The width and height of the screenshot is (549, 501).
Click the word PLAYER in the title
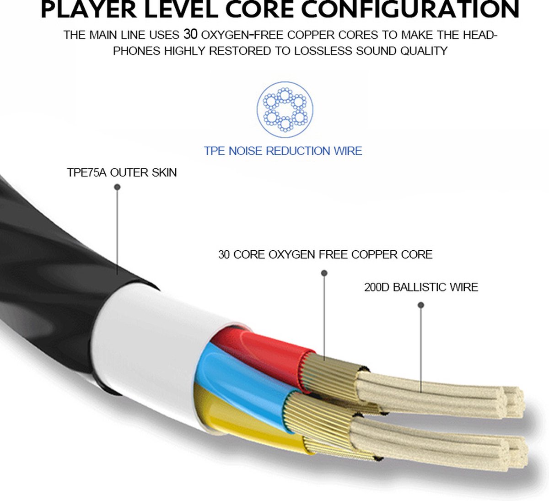point(88,10)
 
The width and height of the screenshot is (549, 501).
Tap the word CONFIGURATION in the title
point(410,10)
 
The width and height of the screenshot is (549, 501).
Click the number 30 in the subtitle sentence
point(190,34)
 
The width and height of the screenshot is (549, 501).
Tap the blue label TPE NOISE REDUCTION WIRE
point(283,151)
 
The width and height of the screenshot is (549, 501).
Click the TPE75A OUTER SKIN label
point(122,172)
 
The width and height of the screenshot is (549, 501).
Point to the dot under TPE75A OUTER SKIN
point(118,187)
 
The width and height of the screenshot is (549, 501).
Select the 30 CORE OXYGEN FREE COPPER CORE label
point(325,254)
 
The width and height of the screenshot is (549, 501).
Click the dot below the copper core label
point(324,273)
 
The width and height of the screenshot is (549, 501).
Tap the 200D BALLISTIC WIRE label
point(421,287)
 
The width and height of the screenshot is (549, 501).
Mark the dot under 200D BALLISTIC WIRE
point(421,305)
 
